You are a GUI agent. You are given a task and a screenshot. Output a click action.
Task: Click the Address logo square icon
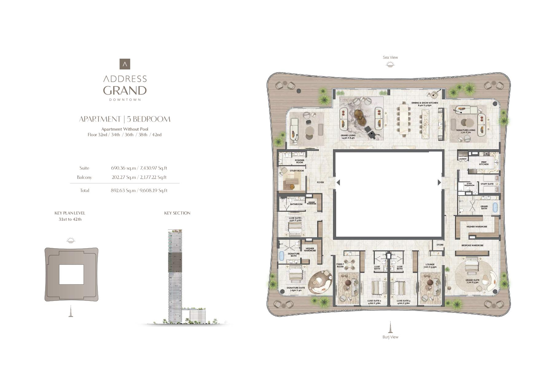(125, 64)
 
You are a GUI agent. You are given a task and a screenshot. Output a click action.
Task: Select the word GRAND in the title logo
(125, 91)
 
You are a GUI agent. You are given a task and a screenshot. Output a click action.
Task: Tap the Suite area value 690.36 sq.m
(124, 168)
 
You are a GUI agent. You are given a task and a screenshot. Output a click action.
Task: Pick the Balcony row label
(84, 177)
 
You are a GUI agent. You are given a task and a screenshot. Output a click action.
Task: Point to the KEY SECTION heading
(177, 213)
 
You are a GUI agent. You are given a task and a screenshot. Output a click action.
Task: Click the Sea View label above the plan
(390, 57)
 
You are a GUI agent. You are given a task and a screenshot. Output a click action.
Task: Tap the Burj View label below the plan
(390, 337)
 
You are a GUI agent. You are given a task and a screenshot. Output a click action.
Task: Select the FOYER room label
(320, 183)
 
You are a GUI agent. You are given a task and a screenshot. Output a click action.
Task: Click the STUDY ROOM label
(297, 171)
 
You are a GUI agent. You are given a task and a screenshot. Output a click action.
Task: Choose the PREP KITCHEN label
(484, 163)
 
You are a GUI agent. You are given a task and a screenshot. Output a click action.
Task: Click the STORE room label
(440, 245)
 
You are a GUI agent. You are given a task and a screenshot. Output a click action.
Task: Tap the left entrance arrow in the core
(338, 183)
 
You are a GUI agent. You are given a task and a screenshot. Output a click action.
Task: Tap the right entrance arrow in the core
(439, 183)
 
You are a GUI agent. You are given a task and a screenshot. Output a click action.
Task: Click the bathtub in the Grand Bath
(495, 208)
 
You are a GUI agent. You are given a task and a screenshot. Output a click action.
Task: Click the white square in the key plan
(71, 274)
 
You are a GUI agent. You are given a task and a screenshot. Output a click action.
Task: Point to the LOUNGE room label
(430, 265)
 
